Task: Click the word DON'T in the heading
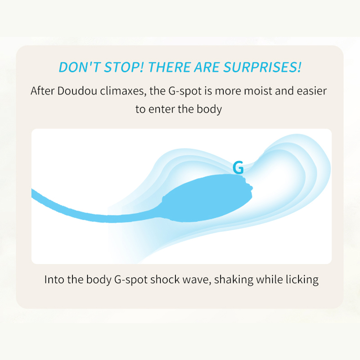tap(80, 67)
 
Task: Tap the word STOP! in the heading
tap(124, 67)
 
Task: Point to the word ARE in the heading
tap(207, 67)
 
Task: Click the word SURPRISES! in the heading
tap(262, 67)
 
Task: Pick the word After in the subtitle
tap(42, 91)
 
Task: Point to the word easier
tap(312, 91)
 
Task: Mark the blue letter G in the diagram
tap(238, 167)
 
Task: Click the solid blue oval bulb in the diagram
tap(207, 198)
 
